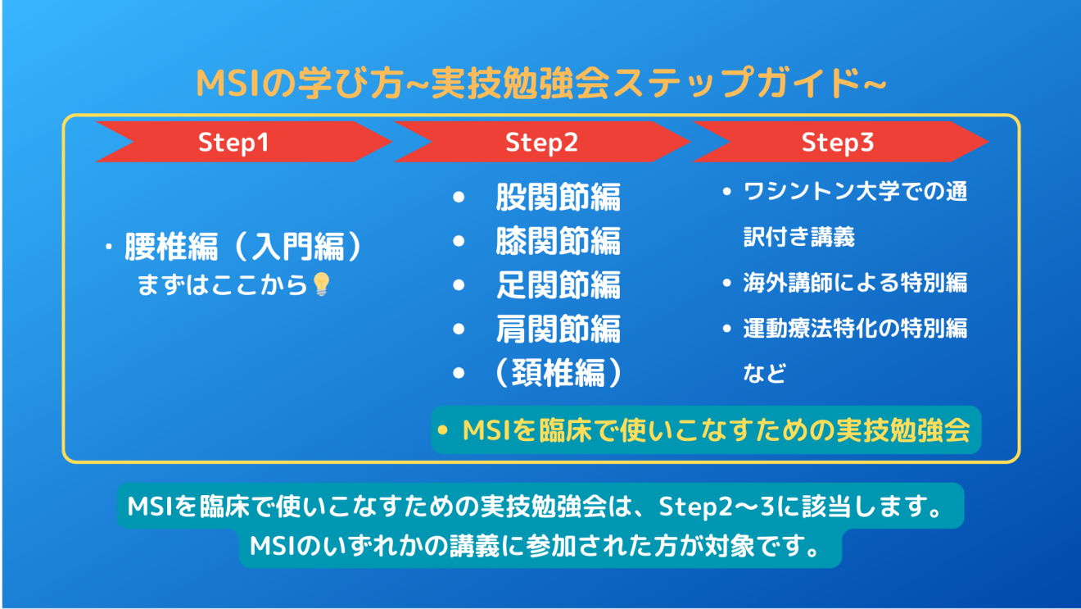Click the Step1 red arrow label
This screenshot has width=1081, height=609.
pyautogui.click(x=233, y=143)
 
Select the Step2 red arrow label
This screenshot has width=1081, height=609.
pyautogui.click(x=541, y=143)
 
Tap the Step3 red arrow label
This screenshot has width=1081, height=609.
pyautogui.click(x=838, y=143)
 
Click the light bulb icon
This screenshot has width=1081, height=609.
pyautogui.click(x=321, y=284)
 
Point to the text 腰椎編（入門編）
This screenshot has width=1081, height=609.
pyautogui.click(x=243, y=247)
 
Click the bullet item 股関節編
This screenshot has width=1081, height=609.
pyautogui.click(x=558, y=198)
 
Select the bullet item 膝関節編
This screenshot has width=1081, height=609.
pyautogui.click(x=558, y=242)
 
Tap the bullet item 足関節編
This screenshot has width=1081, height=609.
pyautogui.click(x=558, y=285)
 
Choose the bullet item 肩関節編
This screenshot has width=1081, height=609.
pyautogui.click(x=558, y=329)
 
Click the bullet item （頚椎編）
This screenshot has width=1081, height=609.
pyautogui.click(x=558, y=373)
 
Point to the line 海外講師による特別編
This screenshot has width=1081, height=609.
pyautogui.click(x=855, y=283)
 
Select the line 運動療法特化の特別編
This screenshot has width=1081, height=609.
pyautogui.click(x=855, y=328)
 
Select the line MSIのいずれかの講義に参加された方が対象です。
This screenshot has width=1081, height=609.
pyautogui.click(x=540, y=546)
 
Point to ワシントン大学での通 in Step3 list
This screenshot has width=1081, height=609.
pyautogui.click(x=855, y=193)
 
